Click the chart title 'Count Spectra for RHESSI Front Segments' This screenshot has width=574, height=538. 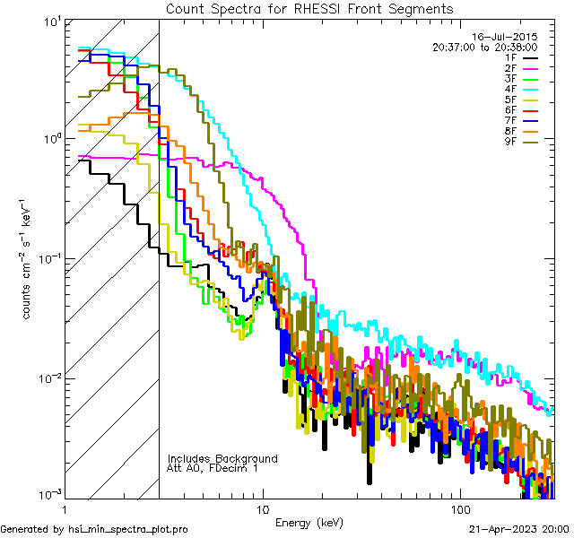[309, 8]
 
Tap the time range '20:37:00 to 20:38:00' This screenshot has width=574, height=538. [484, 48]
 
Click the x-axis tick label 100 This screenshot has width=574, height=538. [460, 508]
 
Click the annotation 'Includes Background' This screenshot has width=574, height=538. [222, 458]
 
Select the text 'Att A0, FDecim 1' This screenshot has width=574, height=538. [213, 468]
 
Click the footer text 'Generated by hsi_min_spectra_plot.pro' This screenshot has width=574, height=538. [94, 529]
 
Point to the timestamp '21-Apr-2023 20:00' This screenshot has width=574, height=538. [518, 529]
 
